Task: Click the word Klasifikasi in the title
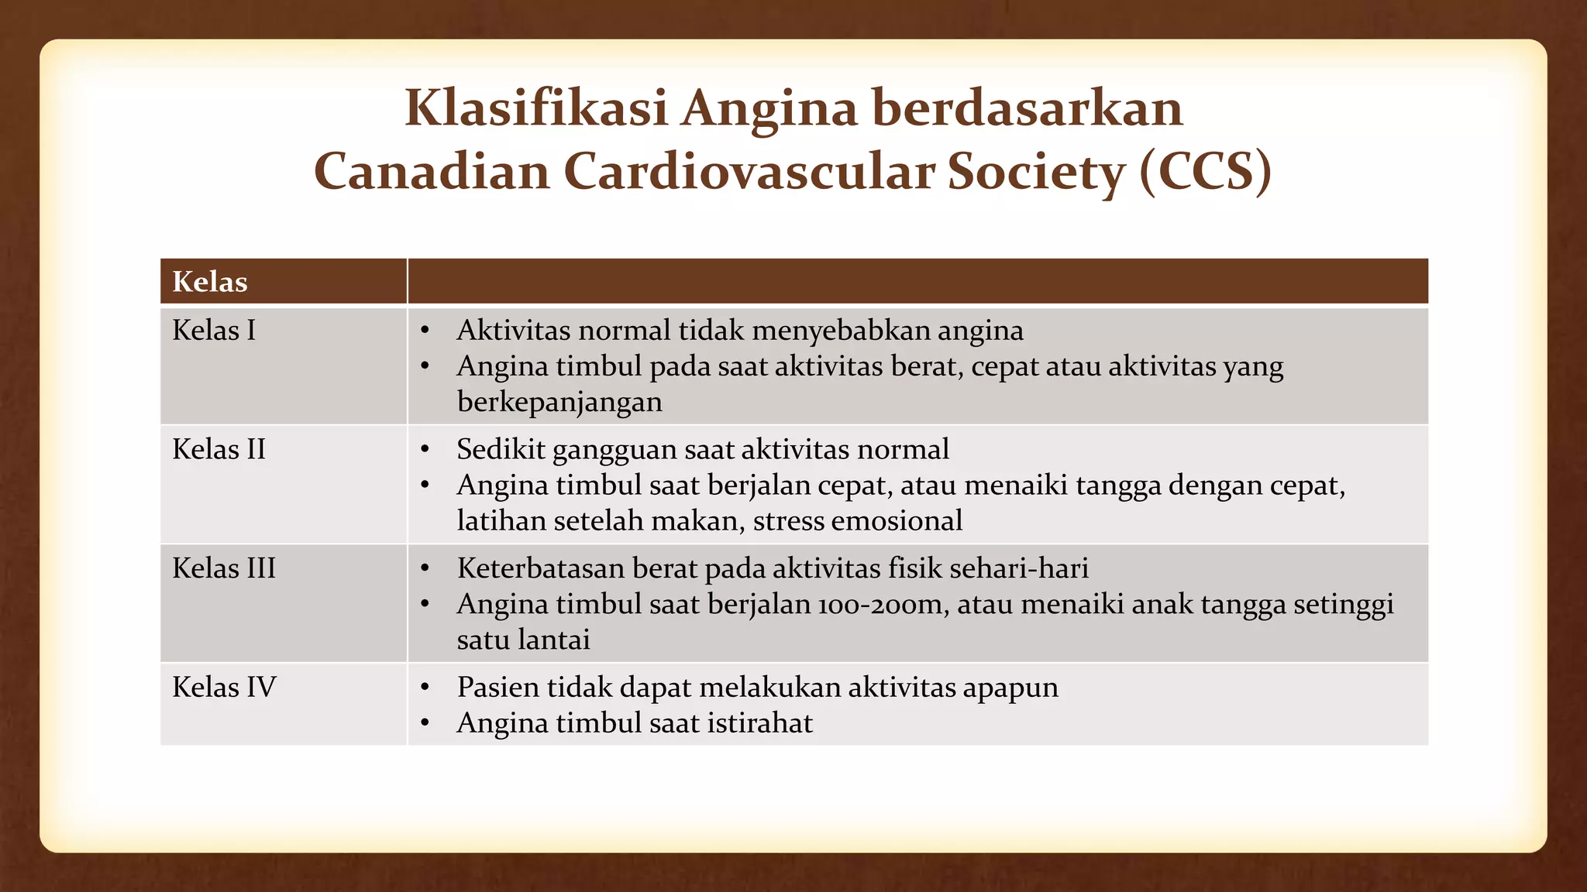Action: coord(535,108)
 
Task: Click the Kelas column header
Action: coord(210,282)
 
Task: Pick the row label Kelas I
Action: coord(214,331)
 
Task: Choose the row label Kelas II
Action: coord(219,450)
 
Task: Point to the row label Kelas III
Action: coord(224,568)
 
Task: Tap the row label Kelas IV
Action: coord(224,688)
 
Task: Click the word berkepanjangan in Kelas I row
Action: coord(559,403)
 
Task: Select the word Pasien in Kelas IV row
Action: coord(497,688)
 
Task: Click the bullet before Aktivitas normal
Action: coord(425,331)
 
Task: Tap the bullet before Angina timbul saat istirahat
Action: coord(425,724)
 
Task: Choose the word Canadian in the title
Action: coord(432,171)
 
